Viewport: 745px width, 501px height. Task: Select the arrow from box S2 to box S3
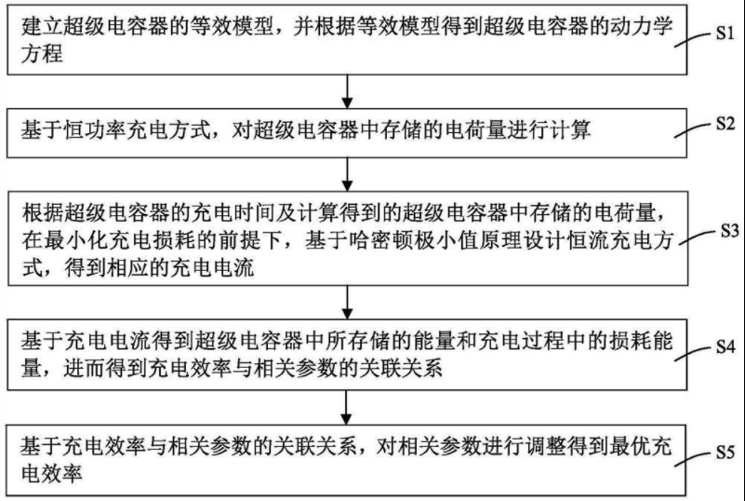[x=347, y=173]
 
